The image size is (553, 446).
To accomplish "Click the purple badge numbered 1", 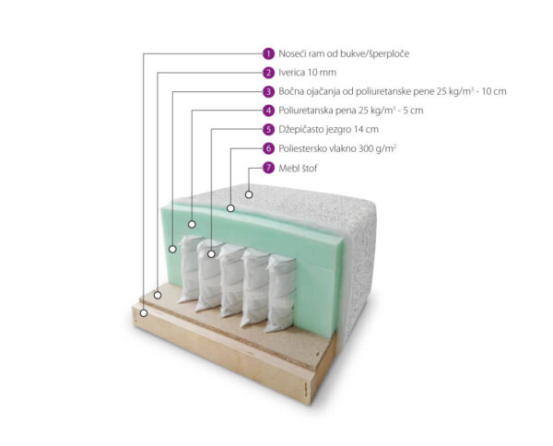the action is coord(268,53).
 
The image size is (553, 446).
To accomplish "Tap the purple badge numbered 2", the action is coord(268,73).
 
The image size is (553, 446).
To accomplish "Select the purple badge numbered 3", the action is coord(268,91).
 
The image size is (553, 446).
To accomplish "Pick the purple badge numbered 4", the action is coord(268,111).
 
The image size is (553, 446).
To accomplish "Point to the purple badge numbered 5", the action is coord(268,129).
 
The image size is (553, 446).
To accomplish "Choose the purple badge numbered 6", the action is coord(268,148).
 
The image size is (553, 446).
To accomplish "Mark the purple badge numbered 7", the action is coord(268,168).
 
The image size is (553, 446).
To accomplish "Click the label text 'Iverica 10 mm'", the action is coord(307,73).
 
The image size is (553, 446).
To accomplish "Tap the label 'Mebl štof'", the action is coord(298,169).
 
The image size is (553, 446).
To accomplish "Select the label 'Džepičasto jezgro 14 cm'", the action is coord(328,129).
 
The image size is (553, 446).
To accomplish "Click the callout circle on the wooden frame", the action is coord(144,312).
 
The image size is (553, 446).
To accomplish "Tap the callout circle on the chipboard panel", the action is coord(158,295).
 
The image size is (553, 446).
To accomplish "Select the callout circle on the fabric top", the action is coord(249,194).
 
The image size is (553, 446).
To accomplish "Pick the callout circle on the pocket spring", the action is coord(211,253).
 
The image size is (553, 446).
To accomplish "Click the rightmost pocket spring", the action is coord(280,293).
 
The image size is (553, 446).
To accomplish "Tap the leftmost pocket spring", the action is coord(190,269).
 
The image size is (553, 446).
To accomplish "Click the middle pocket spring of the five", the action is coord(231,281).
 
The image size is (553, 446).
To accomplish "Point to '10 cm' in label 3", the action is coord(494,91).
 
